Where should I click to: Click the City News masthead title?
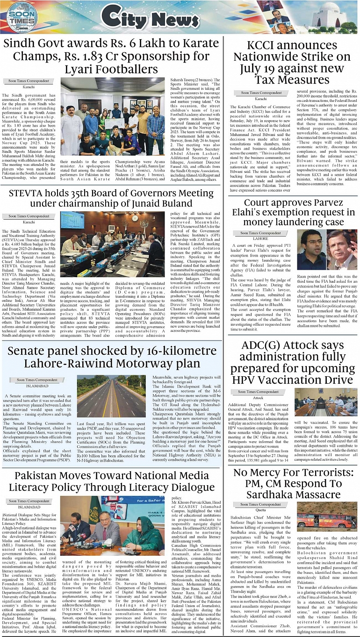point(143,19)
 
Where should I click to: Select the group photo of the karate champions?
point(113,116)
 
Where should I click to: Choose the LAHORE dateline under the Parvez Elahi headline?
point(260,238)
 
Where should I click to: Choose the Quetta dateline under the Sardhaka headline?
point(260,510)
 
